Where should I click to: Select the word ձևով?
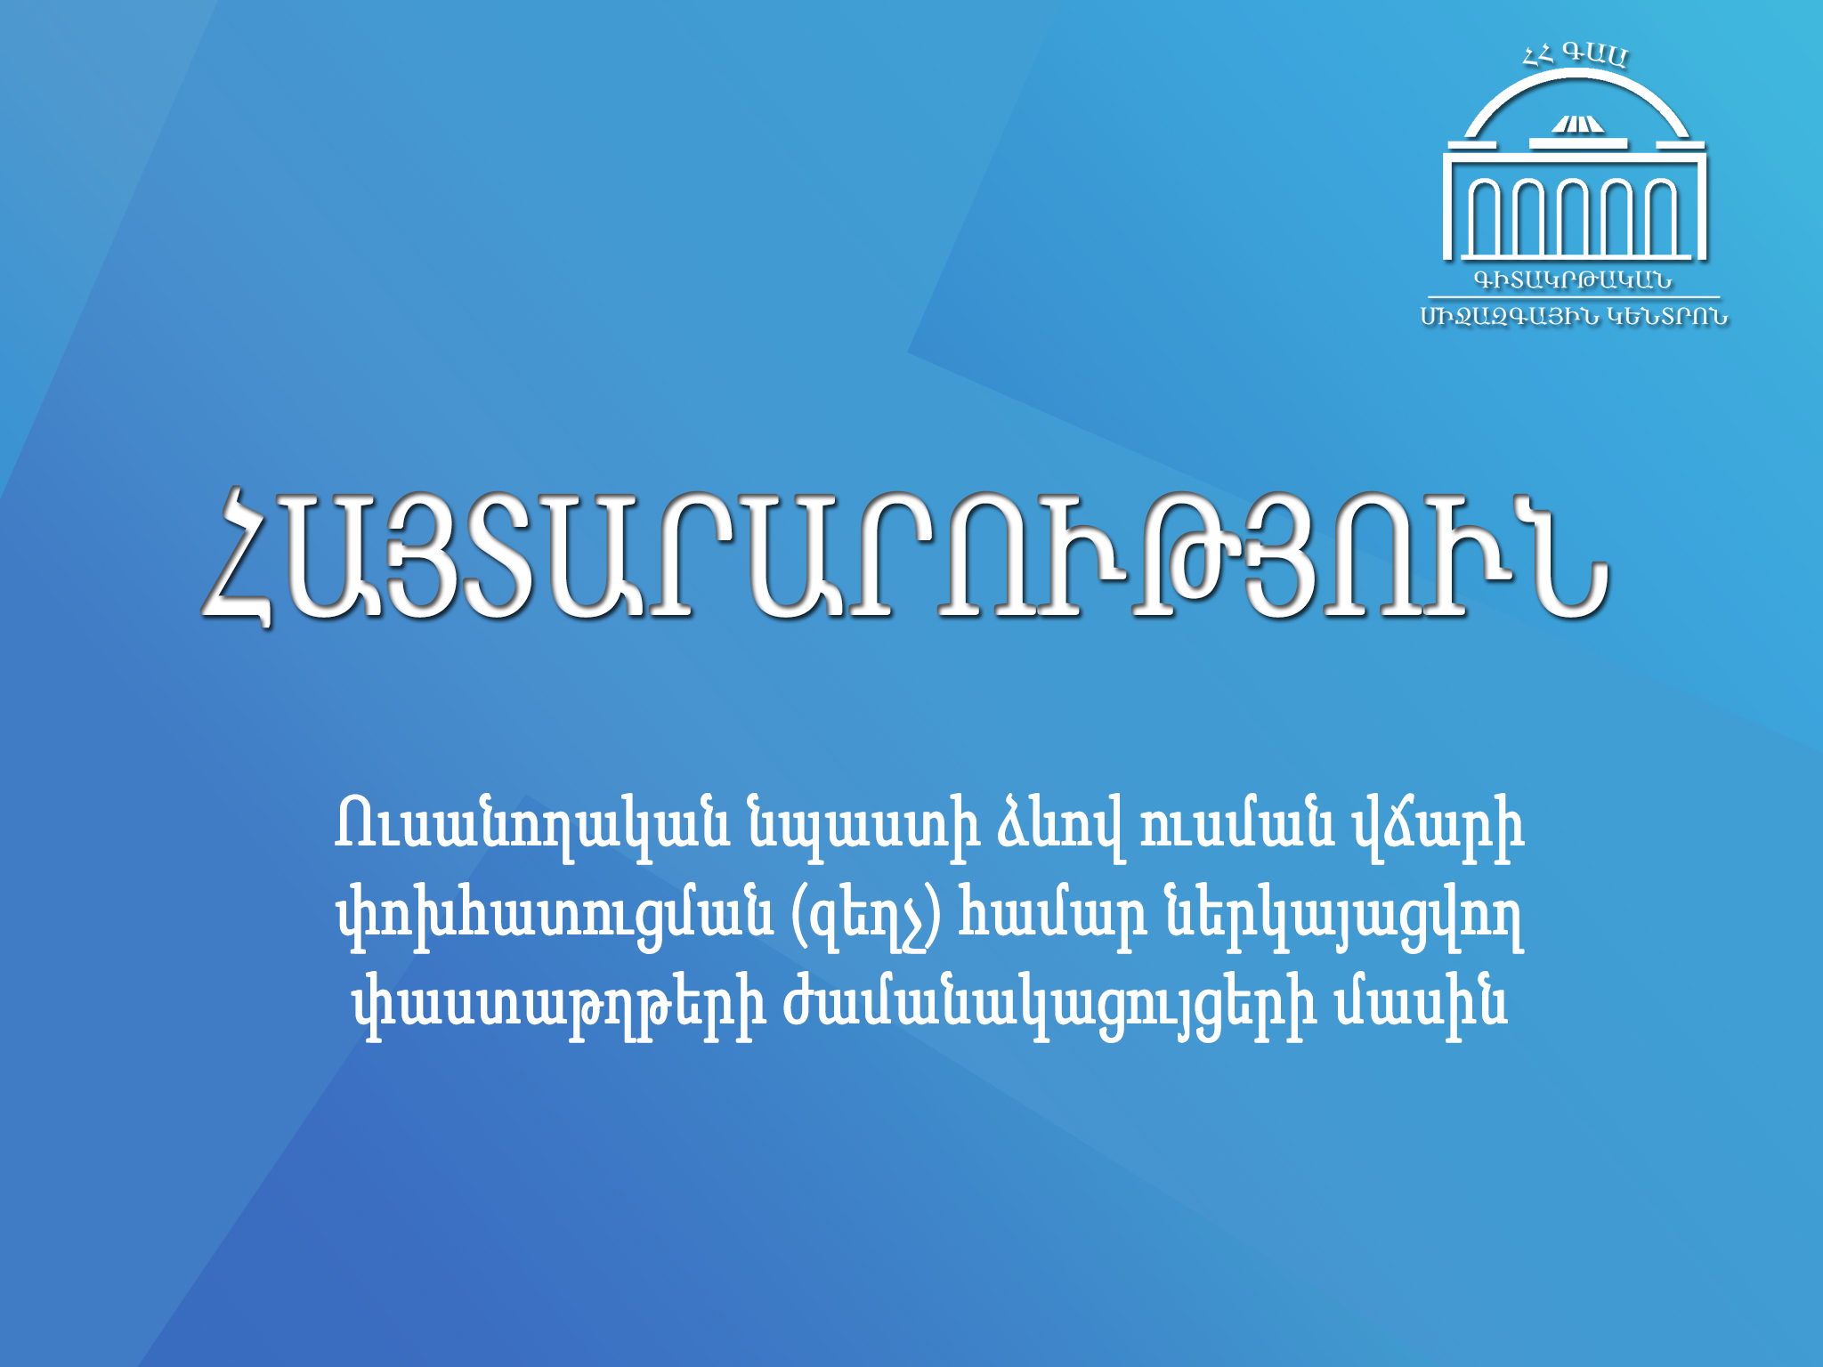click(x=1056, y=826)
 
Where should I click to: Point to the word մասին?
click(x=1421, y=1003)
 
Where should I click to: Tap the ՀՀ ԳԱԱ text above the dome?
click(x=1575, y=56)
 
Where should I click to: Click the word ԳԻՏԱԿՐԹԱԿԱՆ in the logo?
click(x=1574, y=280)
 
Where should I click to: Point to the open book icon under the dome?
click(x=1577, y=124)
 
